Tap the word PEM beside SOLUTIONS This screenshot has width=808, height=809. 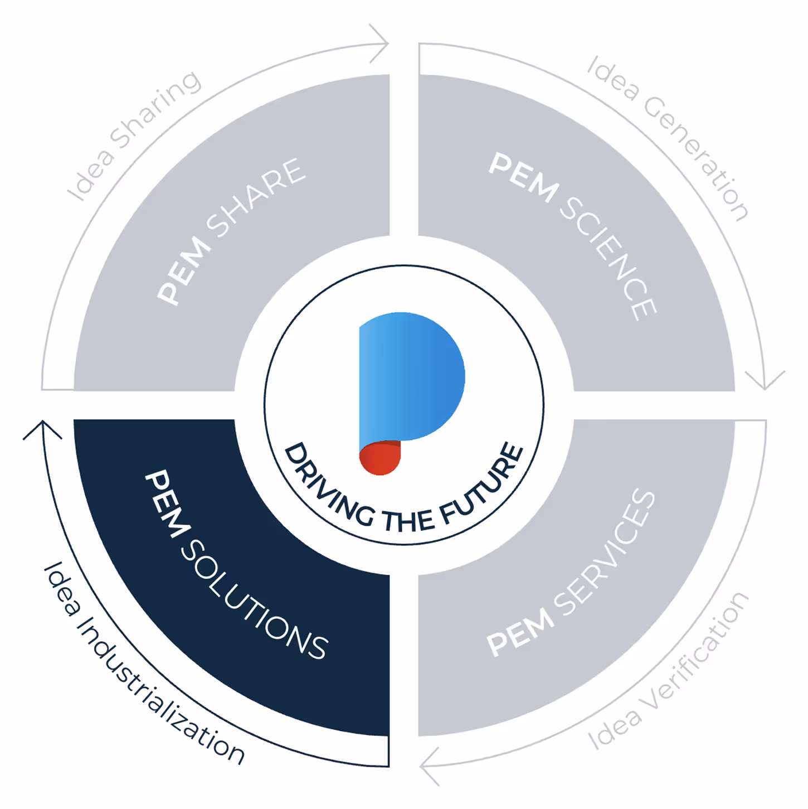164,504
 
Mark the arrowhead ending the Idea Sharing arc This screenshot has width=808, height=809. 380,43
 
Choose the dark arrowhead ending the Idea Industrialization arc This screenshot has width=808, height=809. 42,429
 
